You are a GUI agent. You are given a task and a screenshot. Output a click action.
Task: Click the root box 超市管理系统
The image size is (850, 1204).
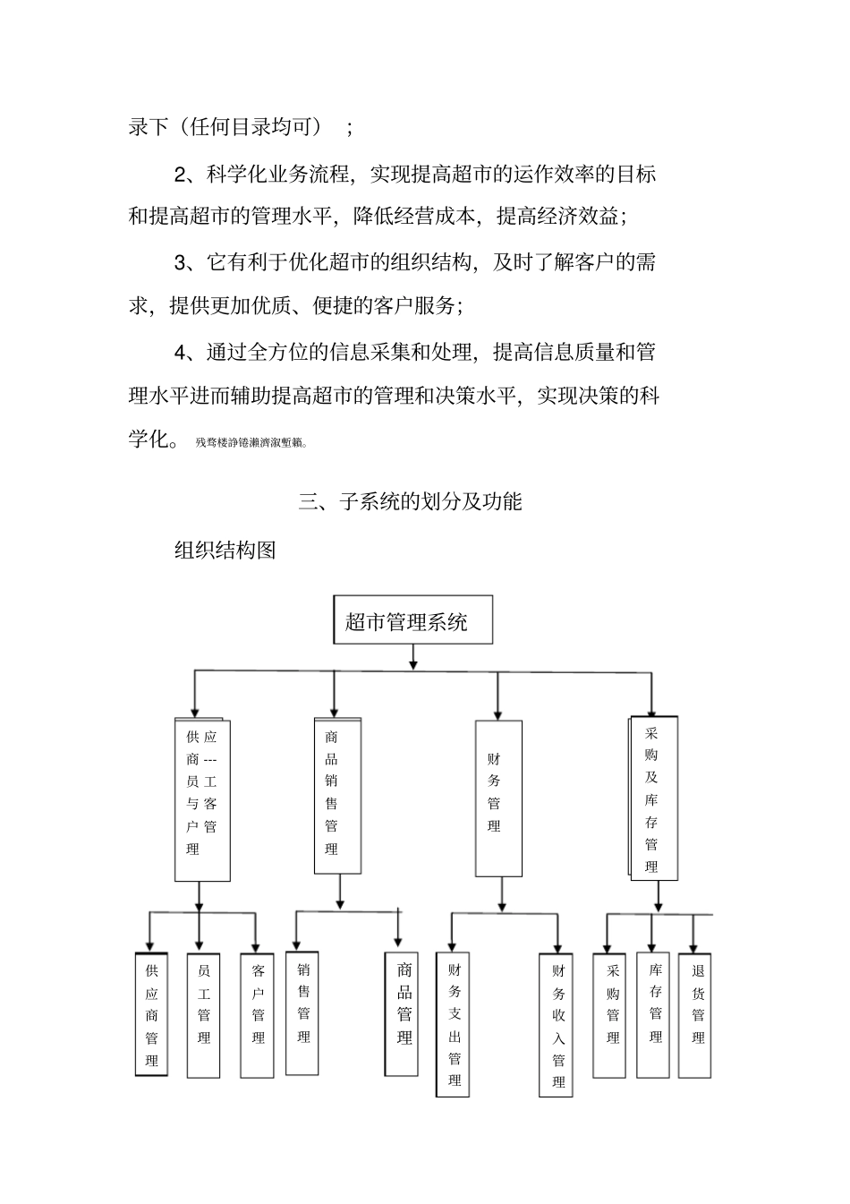(412, 619)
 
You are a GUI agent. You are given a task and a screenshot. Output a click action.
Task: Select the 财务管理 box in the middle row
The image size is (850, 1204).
(498, 798)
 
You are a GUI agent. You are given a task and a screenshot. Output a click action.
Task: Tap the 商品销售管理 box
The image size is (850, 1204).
(337, 796)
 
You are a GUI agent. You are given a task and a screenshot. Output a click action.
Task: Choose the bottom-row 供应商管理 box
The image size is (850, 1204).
(151, 1014)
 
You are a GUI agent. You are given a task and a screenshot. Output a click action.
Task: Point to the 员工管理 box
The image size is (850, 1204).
(203, 1014)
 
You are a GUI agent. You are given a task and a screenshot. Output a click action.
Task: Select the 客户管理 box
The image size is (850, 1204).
(258, 1014)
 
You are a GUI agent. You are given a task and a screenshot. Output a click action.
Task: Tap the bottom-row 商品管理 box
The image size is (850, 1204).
(402, 1014)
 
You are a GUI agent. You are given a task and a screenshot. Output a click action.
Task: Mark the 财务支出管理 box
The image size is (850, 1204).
(453, 1024)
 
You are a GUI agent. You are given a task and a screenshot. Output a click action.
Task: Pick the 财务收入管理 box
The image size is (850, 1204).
(557, 1024)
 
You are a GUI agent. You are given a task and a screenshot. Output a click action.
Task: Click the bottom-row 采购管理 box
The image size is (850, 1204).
(612, 1014)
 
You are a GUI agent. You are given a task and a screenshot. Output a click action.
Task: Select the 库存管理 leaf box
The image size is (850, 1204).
(655, 1014)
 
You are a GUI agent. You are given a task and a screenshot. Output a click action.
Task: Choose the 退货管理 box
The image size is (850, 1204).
(696, 1014)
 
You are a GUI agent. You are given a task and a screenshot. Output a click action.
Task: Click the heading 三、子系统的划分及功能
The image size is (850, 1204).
(411, 501)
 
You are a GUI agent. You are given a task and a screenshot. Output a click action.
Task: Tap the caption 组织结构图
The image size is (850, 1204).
(225, 550)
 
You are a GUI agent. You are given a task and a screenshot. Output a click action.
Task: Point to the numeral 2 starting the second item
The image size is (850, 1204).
(180, 173)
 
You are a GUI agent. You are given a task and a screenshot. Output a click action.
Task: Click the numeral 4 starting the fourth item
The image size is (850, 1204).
(180, 352)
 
